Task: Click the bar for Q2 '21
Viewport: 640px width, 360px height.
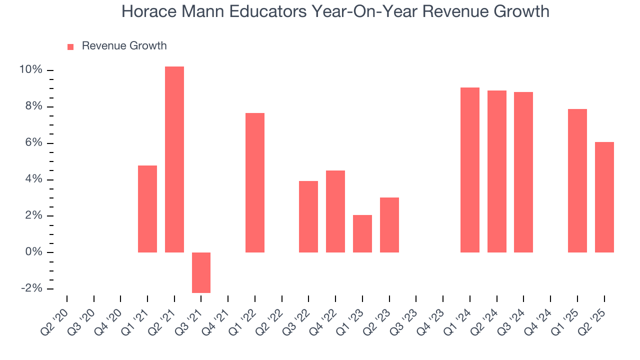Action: [174, 159]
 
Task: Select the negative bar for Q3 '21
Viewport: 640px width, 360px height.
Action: [201, 272]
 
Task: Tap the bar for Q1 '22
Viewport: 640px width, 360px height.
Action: [255, 182]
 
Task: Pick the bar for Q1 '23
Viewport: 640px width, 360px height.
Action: [362, 233]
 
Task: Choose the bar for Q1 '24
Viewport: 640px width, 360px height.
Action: [470, 170]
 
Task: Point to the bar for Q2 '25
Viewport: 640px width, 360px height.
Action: [604, 197]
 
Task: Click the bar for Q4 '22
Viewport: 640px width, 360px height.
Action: [335, 211]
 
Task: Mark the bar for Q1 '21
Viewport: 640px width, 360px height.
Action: [147, 209]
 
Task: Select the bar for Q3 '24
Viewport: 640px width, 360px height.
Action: [523, 172]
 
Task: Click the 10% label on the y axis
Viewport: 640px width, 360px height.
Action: [30, 70]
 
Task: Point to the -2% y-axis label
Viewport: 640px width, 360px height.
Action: [30, 288]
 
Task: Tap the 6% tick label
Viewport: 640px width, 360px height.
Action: [33, 143]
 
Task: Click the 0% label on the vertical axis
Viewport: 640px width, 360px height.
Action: [33, 252]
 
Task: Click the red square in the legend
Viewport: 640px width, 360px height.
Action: [70, 46]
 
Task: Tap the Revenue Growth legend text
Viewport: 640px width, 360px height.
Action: [124, 46]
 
